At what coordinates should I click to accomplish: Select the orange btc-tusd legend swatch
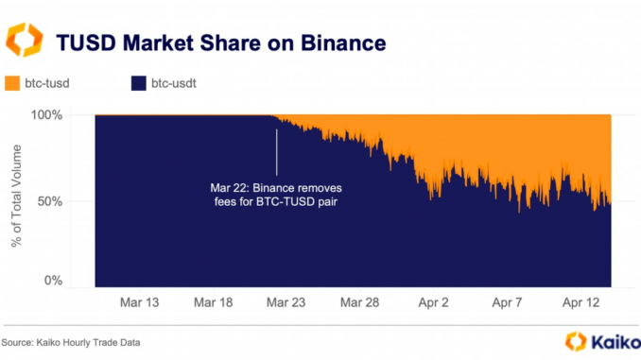13,84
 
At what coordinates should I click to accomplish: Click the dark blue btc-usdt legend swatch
136,84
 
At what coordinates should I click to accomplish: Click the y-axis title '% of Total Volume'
16,197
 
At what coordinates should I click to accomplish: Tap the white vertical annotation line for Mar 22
276,151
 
